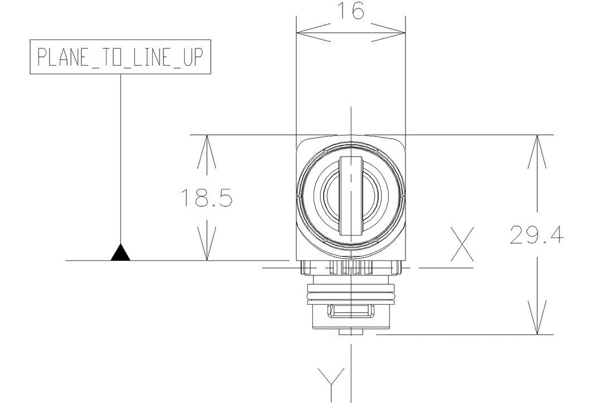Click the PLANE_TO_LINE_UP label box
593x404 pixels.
(120, 56)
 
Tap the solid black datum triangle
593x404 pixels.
(120, 253)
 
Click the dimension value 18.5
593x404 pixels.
(206, 198)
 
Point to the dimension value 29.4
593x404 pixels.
(536, 236)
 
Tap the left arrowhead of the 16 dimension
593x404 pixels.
(304, 33)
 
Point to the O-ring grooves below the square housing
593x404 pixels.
(350, 291)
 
